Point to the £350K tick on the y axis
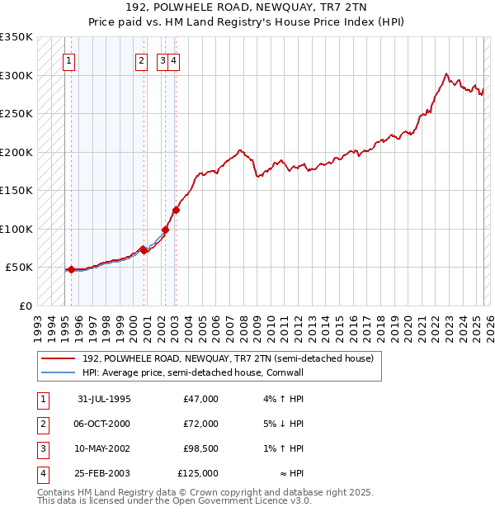[x=16, y=37]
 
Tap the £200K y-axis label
[x=16, y=152]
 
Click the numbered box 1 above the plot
[x=68, y=59]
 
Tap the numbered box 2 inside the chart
[x=142, y=59]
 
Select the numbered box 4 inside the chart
[x=175, y=59]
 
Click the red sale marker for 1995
[x=72, y=269]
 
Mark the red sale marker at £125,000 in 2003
[x=176, y=210]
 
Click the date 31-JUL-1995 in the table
[x=104, y=399]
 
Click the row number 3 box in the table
[x=41, y=448]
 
